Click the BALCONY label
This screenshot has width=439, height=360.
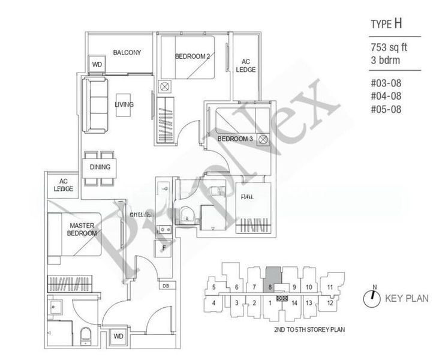tap(127, 53)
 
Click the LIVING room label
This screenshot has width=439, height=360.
tap(124, 105)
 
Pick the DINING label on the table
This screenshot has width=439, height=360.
tap(100, 167)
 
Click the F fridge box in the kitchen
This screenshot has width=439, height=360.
tap(163, 247)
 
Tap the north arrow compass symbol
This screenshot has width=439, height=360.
tap(372, 296)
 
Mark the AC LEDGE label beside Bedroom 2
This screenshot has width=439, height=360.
tap(248, 65)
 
